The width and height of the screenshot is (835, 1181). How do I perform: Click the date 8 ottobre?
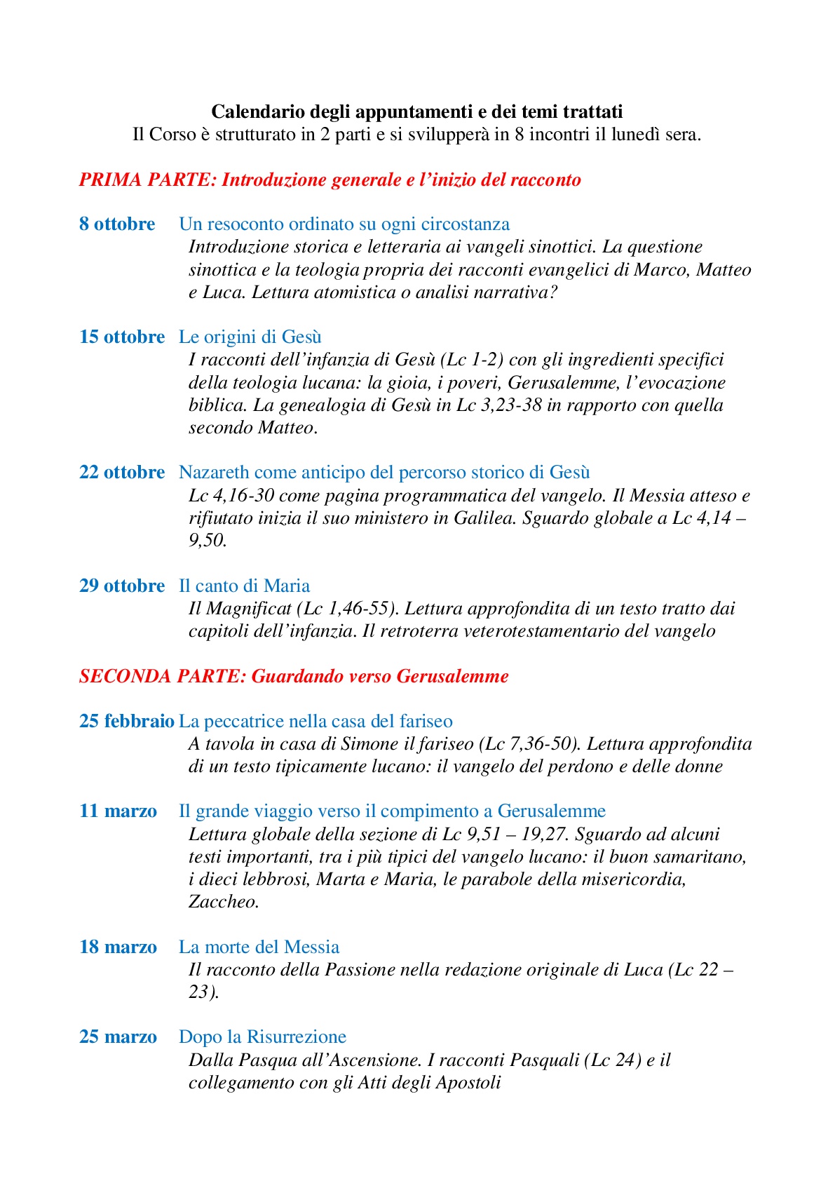(117, 224)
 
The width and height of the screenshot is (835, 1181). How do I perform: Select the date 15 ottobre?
(122, 337)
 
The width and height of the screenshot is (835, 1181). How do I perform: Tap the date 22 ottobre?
(122, 473)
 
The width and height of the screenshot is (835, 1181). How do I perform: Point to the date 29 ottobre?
(122, 586)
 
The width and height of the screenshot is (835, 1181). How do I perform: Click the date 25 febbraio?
(127, 722)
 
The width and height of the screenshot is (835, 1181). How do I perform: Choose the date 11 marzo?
(118, 811)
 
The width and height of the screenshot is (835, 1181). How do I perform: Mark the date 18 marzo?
(118, 947)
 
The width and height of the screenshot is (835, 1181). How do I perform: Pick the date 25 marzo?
(118, 1037)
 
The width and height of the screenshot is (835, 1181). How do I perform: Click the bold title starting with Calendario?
(417, 112)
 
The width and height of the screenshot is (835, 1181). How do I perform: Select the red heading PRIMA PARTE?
(330, 180)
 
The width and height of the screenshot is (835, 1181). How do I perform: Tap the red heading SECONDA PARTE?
(294, 677)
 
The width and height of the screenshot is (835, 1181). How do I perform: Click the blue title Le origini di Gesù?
(250, 337)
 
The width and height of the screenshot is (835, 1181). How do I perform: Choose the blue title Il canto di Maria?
(244, 586)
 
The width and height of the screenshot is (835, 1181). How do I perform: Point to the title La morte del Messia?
(259, 947)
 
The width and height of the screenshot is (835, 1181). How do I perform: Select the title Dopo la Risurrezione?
(262, 1037)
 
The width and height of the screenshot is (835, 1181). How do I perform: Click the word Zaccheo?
(224, 902)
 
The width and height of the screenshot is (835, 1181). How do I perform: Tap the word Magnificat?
(248, 609)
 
